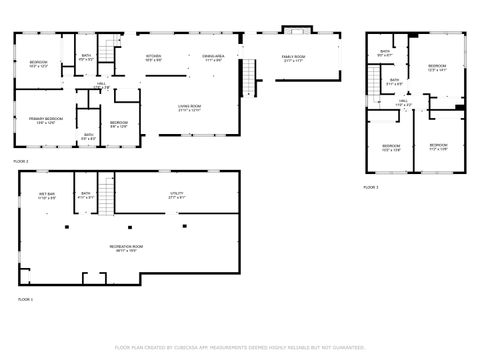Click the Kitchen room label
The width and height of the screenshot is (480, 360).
[x=154, y=58]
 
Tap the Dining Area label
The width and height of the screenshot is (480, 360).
[x=213, y=58]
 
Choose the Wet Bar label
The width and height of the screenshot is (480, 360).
[x=47, y=196]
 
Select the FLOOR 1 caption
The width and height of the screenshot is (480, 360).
[x=24, y=298]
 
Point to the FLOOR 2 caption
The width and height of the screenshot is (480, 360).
[x=21, y=160]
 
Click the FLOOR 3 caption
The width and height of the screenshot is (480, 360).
[x=370, y=187]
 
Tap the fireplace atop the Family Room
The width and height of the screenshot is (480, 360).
[x=291, y=29]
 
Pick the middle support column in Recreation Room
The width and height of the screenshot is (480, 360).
[x=127, y=226]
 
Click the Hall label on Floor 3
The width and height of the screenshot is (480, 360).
[x=403, y=102]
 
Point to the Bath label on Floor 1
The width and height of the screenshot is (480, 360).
[x=86, y=196]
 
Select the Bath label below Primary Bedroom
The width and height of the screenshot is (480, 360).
[x=88, y=137]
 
